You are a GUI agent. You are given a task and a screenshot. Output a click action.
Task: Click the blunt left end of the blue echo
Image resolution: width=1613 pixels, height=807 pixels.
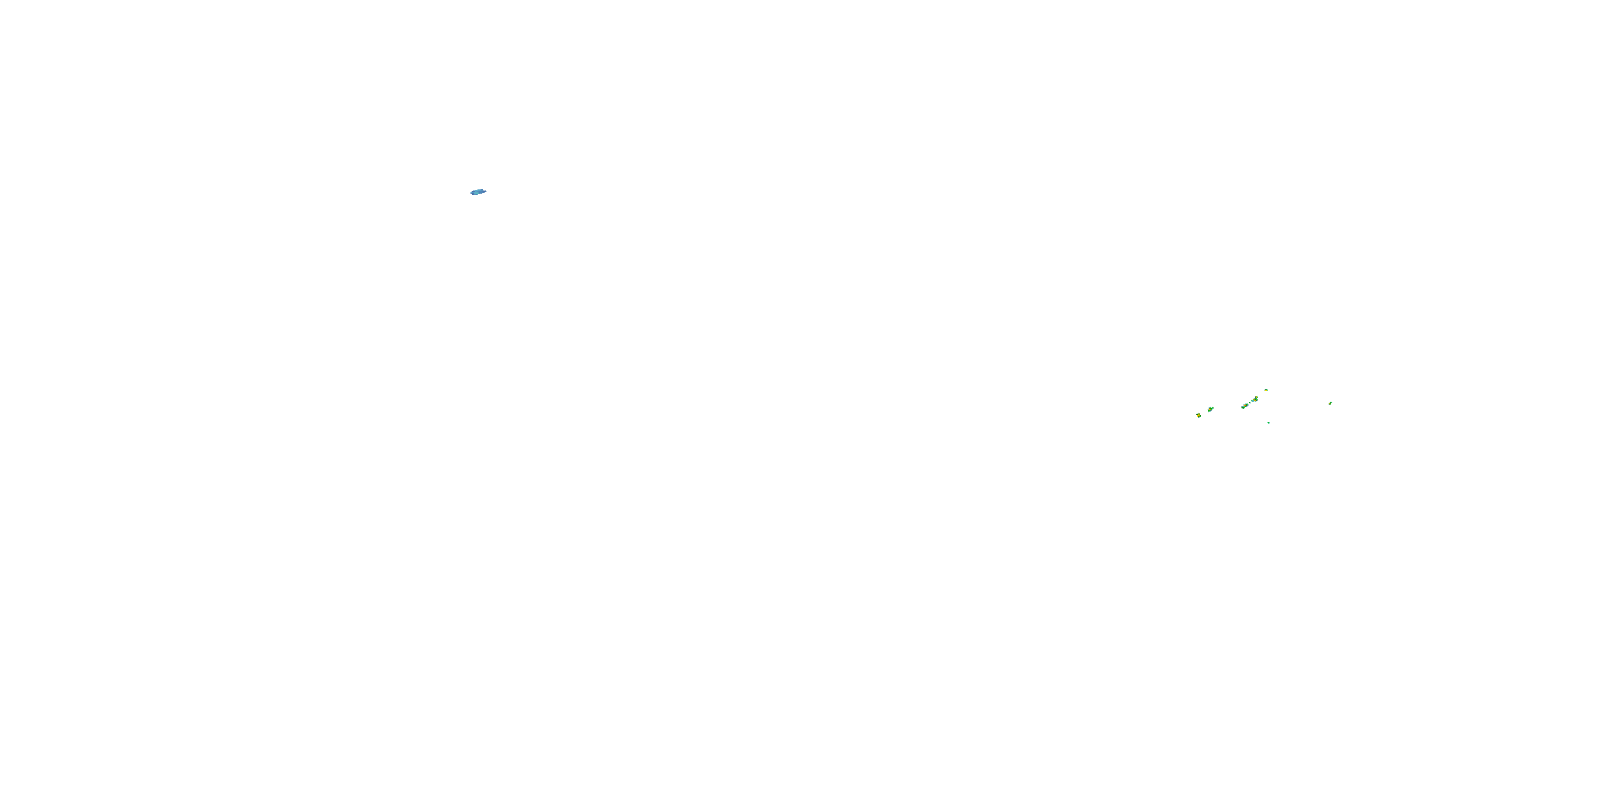472,193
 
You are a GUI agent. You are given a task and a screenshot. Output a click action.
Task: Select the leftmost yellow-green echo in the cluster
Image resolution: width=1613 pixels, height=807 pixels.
1199,415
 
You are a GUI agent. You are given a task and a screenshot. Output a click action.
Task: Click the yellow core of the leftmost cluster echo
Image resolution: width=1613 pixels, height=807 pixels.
1198,416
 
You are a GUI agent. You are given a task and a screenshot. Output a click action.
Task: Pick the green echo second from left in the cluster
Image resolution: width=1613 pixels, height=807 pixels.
1211,410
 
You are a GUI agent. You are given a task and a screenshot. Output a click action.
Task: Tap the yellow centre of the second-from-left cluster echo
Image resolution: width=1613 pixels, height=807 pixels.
1210,409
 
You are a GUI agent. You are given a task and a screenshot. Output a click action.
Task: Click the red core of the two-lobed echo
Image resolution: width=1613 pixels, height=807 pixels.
1245,406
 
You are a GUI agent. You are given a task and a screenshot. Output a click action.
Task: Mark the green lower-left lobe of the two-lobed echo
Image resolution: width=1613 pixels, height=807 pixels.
1243,408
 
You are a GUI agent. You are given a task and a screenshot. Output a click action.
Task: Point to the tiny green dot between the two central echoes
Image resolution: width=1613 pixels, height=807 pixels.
1251,403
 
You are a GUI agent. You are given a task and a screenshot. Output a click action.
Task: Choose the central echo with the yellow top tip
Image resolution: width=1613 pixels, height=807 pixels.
1255,400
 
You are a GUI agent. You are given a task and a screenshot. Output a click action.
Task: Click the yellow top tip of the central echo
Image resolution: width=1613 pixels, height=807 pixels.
1257,397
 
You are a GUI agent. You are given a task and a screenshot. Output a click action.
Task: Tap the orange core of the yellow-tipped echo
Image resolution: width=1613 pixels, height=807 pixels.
1255,401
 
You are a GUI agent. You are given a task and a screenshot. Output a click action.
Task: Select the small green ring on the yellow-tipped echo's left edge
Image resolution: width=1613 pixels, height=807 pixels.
1252,401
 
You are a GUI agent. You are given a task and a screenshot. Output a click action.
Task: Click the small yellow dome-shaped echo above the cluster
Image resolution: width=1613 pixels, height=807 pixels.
1266,391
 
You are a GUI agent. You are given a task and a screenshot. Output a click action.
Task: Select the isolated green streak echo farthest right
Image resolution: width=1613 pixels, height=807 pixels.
1331,403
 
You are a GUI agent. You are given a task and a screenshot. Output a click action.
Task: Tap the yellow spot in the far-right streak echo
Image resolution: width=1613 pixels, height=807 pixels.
1330,404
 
